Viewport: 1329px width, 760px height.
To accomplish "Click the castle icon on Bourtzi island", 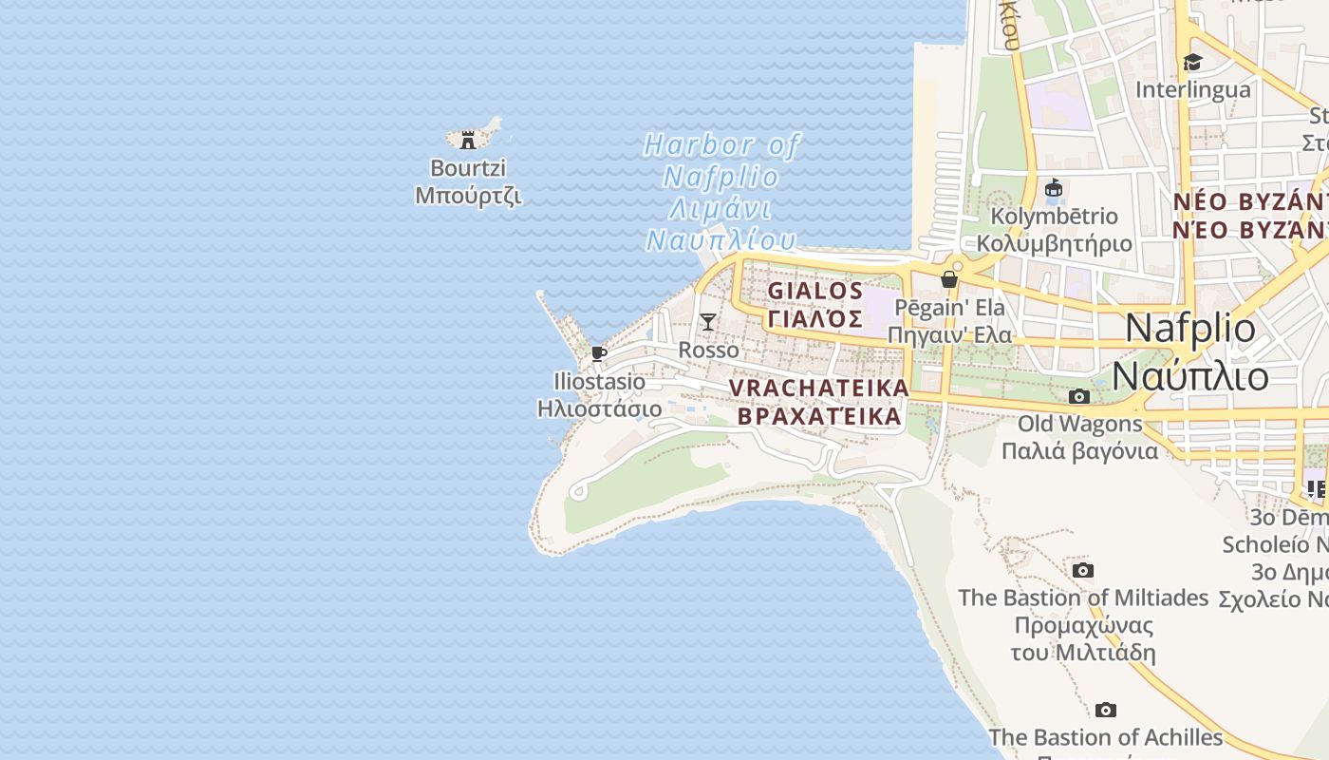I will tap(467, 141).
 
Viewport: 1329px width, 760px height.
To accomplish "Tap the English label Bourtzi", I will tap(468, 168).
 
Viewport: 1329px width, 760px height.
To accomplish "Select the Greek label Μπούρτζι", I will tap(468, 196).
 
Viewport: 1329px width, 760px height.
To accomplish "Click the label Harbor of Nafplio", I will tap(721, 161).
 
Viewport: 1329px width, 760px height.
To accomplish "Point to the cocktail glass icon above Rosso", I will tap(707, 322).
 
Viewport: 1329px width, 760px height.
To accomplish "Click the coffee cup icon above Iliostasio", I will tap(599, 353).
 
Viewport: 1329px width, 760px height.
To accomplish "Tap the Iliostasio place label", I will tap(599, 382).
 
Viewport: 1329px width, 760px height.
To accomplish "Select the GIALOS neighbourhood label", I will tap(815, 291).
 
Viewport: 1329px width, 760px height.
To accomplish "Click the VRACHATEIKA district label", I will tap(819, 389).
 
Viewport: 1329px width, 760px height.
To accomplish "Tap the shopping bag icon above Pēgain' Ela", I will tap(948, 279).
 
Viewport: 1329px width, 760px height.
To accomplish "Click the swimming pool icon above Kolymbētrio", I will tap(1054, 189).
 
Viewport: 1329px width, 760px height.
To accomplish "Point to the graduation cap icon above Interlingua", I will tap(1192, 63).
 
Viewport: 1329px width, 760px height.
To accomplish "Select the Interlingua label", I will tap(1193, 90).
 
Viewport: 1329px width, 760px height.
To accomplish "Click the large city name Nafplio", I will tap(1189, 328).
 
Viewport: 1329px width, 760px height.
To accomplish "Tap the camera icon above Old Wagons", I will tap(1079, 396).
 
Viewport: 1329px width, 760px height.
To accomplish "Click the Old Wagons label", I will tap(1080, 424).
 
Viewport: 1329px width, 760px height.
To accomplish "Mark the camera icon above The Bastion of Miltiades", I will tap(1082, 570).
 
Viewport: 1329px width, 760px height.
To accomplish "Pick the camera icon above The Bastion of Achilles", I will tap(1105, 710).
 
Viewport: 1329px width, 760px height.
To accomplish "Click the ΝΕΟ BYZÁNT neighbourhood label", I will tap(1249, 202).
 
